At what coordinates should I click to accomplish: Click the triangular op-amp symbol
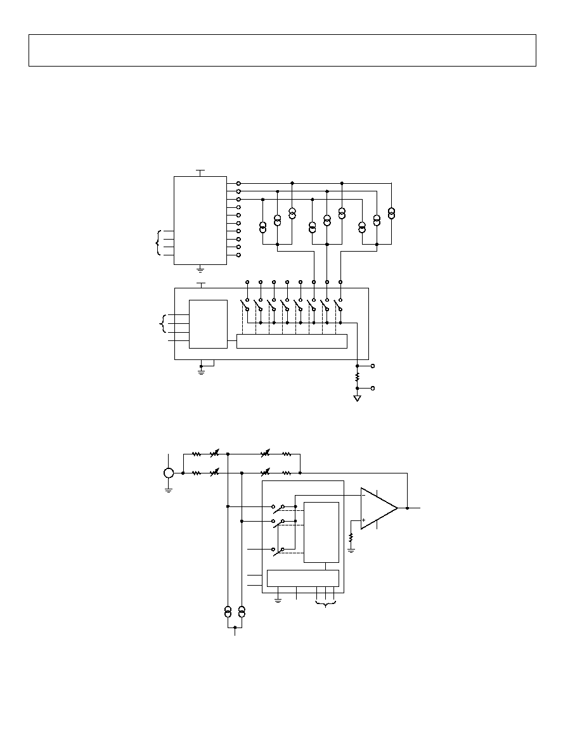coord(377,508)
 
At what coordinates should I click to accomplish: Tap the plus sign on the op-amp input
coord(363,520)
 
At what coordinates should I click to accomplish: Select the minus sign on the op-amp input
coord(363,496)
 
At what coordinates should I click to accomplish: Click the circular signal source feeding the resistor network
coord(169,473)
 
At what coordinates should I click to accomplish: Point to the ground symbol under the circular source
coord(169,488)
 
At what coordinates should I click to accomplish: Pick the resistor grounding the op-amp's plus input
coord(351,538)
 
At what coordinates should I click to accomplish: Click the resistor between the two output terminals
coord(358,377)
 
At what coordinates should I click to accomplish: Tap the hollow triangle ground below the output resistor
coord(358,398)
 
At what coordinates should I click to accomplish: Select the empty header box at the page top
coord(282,50)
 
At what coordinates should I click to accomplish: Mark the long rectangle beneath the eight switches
coord(292,341)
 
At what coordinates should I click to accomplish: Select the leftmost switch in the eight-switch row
coord(246,304)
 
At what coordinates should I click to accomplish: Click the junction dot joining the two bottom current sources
coord(235,627)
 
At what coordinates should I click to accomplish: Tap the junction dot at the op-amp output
coord(407,508)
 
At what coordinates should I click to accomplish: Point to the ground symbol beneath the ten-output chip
coord(201,269)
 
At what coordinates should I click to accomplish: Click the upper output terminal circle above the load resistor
coord(372,366)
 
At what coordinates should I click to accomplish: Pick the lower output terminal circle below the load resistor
coord(372,388)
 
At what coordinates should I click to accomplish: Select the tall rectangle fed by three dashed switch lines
coord(321,532)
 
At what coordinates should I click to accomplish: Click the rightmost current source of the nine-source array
coord(392,212)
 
